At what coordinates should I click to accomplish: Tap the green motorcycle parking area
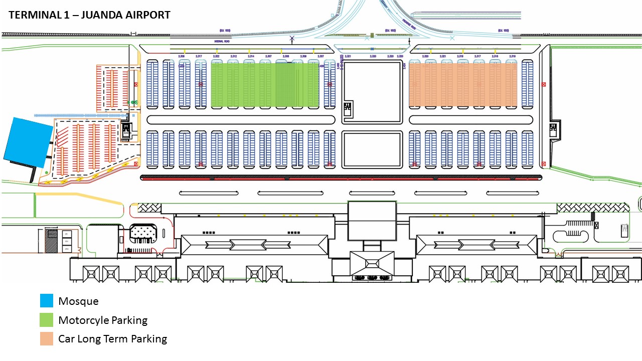click(264, 85)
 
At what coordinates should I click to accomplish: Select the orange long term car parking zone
click(462, 85)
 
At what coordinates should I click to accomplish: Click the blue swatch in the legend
click(47, 301)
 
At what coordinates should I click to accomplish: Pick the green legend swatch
click(47, 320)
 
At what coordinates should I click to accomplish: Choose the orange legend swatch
click(47, 339)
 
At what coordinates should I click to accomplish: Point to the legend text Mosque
click(78, 301)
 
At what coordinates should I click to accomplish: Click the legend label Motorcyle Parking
click(103, 320)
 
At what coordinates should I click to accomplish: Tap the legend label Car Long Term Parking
click(112, 339)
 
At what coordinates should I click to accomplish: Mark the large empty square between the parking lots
click(372, 92)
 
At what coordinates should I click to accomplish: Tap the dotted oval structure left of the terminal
click(143, 234)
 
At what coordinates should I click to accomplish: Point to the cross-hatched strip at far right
click(592, 208)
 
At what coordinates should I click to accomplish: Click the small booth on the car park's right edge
click(554, 129)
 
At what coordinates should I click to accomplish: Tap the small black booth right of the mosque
click(125, 131)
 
